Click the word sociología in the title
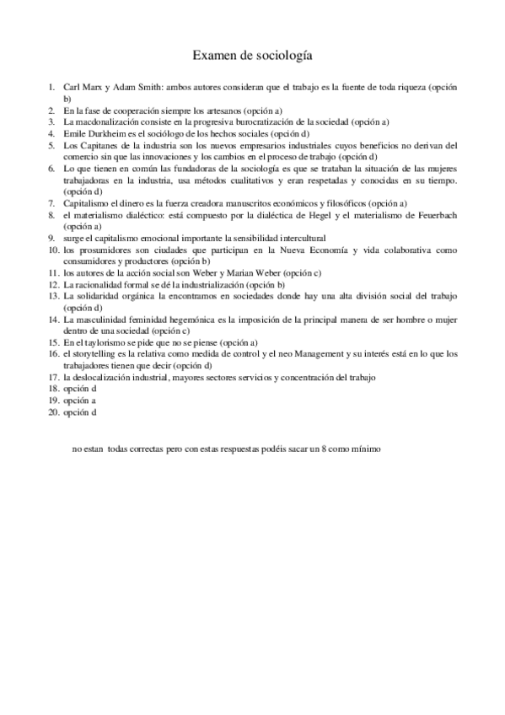point(284,56)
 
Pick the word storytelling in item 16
point(99,354)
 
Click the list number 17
point(53,377)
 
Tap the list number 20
point(53,412)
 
